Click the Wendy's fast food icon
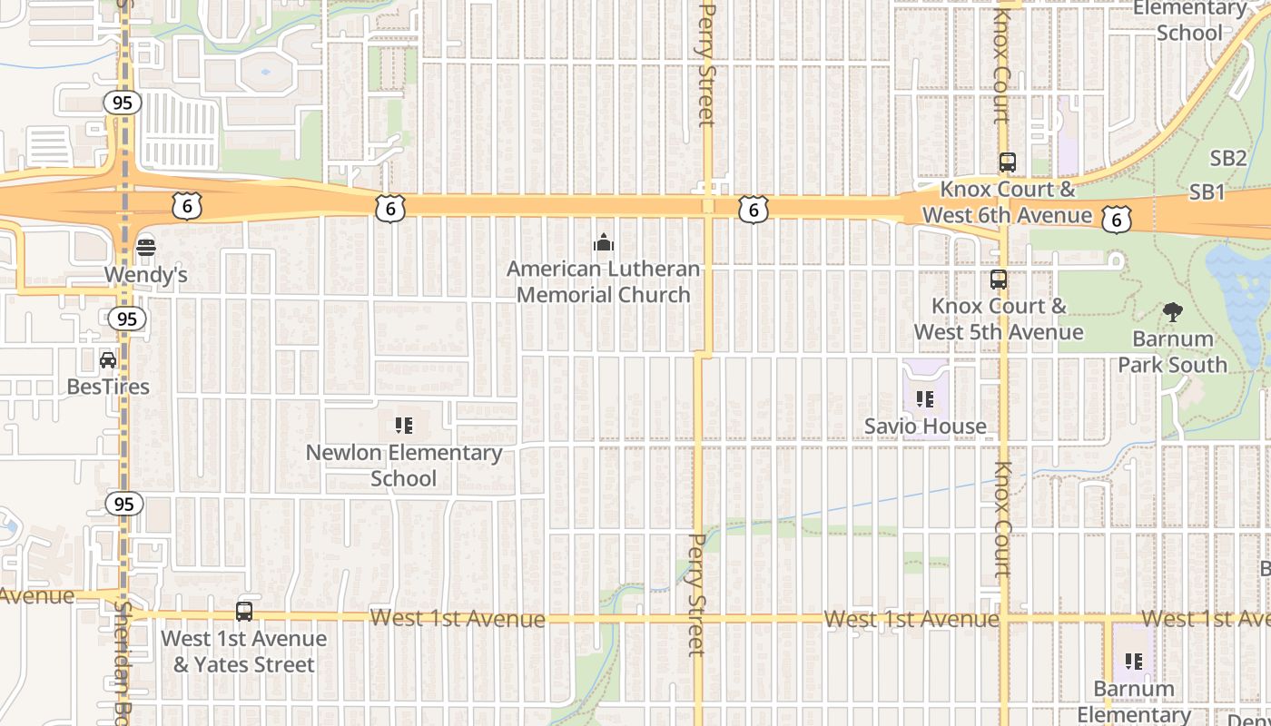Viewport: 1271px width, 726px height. pyautogui.click(x=145, y=247)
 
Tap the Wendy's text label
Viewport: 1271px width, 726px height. pyautogui.click(x=145, y=274)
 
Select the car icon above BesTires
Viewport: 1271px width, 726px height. pyautogui.click(x=108, y=360)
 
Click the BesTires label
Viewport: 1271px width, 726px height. pyautogui.click(x=108, y=387)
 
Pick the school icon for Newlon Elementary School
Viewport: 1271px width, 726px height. pyautogui.click(x=404, y=425)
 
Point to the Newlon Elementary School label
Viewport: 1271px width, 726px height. pyautogui.click(x=404, y=466)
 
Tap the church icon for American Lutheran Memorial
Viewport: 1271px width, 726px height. pyautogui.click(x=603, y=242)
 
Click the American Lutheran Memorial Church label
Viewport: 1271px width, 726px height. pyautogui.click(x=603, y=282)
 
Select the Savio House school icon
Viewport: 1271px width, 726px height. pyautogui.click(x=925, y=398)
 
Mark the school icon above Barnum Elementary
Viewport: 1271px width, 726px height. pyautogui.click(x=1133, y=662)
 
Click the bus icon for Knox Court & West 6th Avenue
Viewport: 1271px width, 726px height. pyautogui.click(x=1007, y=163)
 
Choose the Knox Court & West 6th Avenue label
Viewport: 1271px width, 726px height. pyautogui.click(x=1007, y=202)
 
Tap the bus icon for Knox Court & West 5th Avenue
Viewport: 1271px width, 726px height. pyautogui.click(x=999, y=280)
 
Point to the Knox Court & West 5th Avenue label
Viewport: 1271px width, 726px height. pyautogui.click(x=999, y=319)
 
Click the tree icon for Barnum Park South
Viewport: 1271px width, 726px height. pyautogui.click(x=1172, y=312)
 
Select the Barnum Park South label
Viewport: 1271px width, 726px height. pyautogui.click(x=1172, y=352)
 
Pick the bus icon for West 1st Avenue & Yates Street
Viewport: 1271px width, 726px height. pyautogui.click(x=243, y=612)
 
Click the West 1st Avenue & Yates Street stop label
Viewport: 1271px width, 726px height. pyautogui.click(x=243, y=652)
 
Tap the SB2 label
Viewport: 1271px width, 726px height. pyautogui.click(x=1228, y=158)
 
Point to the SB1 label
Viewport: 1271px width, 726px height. pyautogui.click(x=1207, y=192)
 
